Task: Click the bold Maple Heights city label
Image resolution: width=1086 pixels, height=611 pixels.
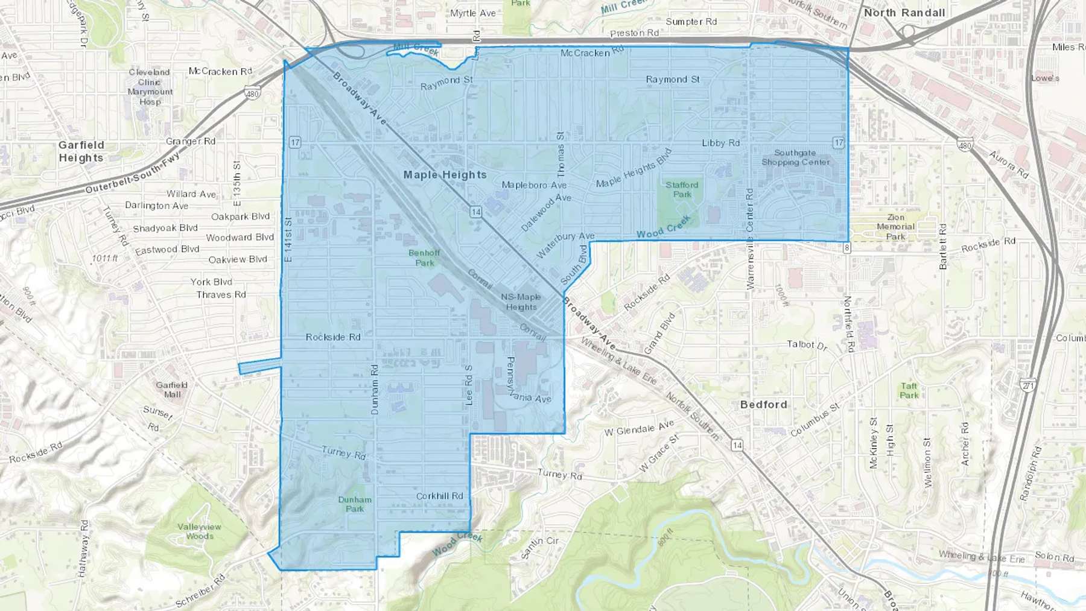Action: (445, 175)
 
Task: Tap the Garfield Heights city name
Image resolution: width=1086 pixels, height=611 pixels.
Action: (81, 151)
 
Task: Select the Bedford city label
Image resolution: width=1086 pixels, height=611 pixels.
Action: (763, 405)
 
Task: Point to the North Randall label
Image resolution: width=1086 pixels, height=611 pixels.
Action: (904, 13)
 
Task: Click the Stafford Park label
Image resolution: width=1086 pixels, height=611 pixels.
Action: (682, 189)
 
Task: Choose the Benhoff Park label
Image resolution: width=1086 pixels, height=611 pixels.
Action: (424, 258)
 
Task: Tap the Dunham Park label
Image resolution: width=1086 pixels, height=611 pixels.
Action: (355, 504)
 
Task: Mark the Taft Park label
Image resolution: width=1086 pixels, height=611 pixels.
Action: (909, 391)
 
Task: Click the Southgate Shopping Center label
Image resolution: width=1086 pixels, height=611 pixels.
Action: (795, 157)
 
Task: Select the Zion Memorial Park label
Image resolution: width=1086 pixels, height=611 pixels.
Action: (896, 227)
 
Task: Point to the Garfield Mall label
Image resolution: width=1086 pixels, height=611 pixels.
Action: (172, 390)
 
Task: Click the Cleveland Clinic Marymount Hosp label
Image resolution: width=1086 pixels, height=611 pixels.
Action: (150, 87)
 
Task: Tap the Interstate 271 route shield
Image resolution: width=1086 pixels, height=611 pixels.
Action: (1028, 385)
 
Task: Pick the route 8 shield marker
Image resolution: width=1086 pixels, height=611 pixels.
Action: (847, 248)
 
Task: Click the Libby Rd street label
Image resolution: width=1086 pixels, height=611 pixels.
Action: (720, 143)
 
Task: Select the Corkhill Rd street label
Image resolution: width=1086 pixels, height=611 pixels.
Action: (440, 496)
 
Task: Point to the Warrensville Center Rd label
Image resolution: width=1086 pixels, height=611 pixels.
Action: (750, 239)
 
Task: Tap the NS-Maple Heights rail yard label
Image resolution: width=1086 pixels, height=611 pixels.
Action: (521, 302)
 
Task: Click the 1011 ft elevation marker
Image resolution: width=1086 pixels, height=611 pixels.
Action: (105, 258)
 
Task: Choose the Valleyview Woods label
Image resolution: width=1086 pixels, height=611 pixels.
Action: (199, 531)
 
